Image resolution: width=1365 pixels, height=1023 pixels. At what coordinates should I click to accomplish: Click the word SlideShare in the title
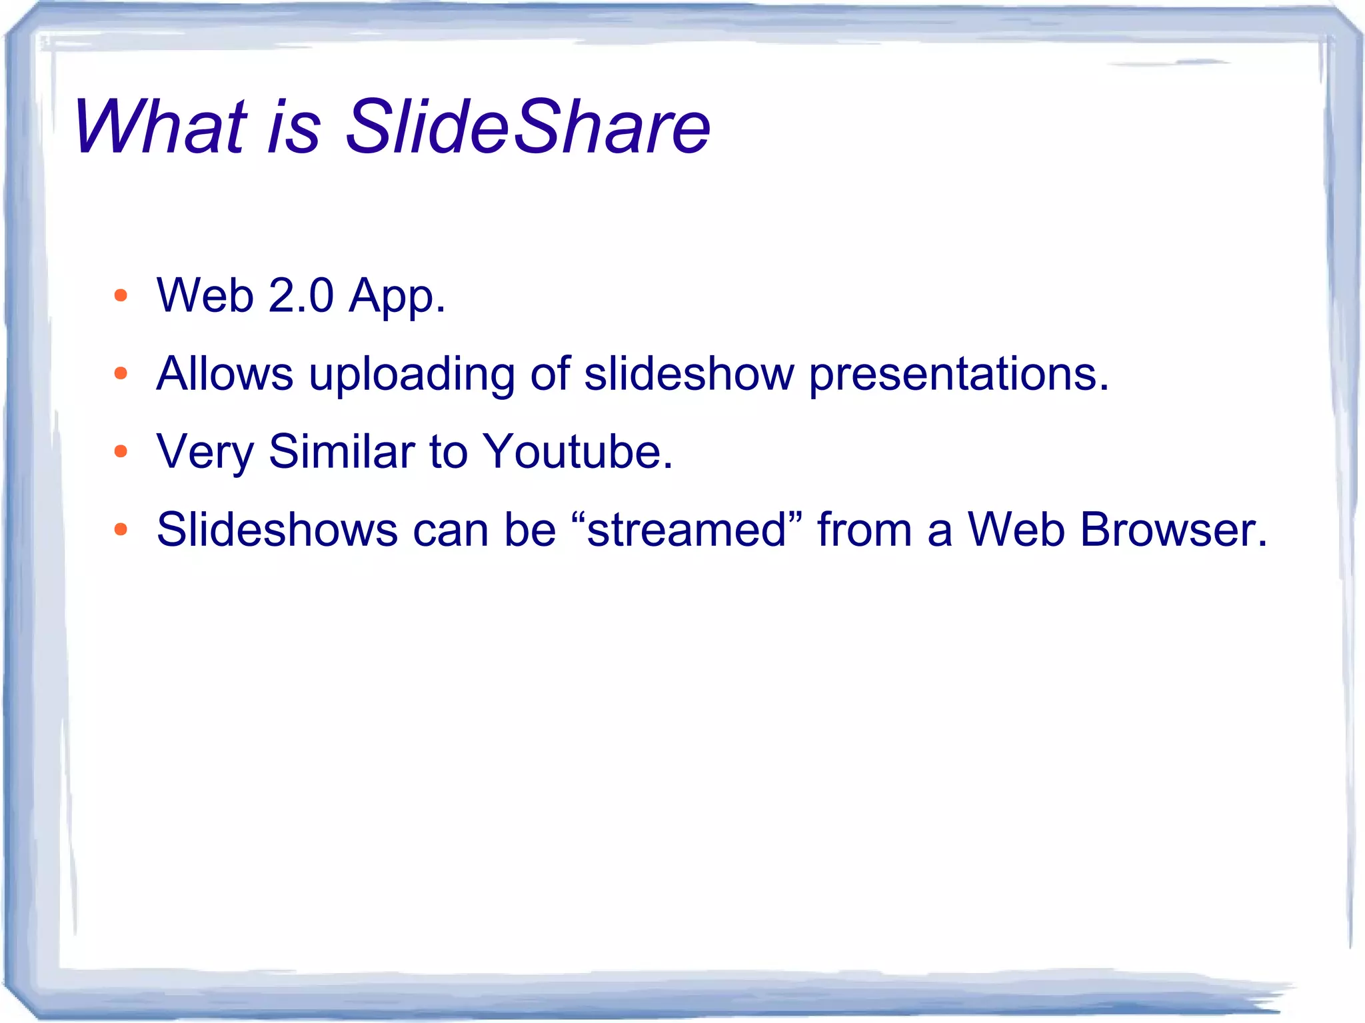[528, 127]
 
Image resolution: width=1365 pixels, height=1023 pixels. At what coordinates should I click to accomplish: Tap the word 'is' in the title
[294, 127]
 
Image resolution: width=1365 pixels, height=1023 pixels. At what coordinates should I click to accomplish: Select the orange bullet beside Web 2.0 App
[121, 295]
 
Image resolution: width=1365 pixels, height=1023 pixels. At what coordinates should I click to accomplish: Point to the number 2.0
[301, 295]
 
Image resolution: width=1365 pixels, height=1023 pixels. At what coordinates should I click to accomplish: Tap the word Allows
[225, 373]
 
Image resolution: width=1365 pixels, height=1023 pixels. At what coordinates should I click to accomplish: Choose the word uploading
[412, 375]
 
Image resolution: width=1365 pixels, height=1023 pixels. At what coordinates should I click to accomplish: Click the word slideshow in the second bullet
[689, 373]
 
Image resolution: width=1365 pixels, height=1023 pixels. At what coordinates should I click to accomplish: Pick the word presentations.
[958, 375]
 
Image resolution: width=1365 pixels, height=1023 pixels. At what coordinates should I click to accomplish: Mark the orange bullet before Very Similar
[121, 452]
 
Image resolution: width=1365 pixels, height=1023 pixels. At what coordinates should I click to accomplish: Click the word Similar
[342, 452]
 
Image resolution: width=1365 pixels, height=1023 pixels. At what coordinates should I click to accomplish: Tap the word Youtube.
[577, 452]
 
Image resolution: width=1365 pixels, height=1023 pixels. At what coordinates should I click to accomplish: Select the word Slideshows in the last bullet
[277, 530]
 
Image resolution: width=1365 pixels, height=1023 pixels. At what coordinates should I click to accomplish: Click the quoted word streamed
[687, 530]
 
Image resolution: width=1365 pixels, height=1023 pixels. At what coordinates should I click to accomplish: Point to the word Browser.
[1173, 530]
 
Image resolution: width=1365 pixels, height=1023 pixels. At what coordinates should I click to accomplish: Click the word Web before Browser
[1016, 530]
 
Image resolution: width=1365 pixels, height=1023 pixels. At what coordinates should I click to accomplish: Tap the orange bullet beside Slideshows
[121, 530]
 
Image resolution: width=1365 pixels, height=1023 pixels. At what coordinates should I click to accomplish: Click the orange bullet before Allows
[121, 373]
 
